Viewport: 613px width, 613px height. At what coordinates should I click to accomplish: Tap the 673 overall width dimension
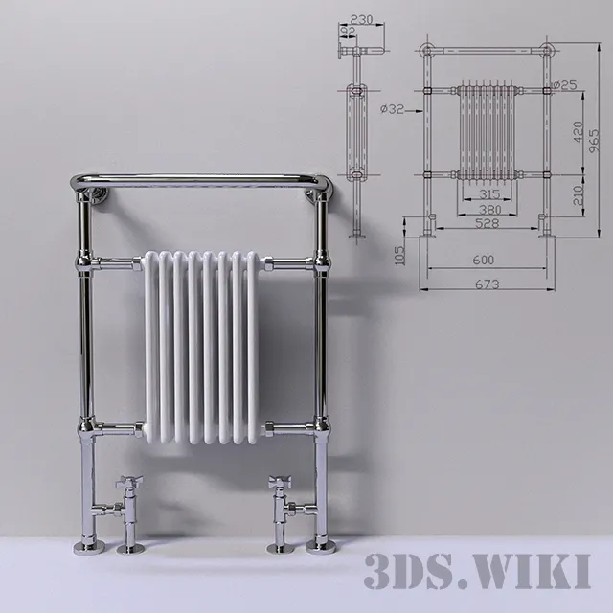[x=489, y=284]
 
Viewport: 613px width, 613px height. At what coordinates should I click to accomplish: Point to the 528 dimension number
[x=488, y=223]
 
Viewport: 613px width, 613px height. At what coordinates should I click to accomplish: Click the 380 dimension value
[x=488, y=210]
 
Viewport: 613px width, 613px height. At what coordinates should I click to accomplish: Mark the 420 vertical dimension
[x=577, y=131]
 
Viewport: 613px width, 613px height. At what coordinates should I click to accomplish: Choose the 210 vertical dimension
[x=577, y=195]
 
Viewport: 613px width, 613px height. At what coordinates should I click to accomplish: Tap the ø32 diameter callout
[x=393, y=109]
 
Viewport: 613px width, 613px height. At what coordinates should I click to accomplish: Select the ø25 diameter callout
[x=567, y=86]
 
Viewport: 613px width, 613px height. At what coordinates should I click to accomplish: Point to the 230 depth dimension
[x=361, y=19]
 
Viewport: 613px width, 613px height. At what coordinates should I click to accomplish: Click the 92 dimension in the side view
[x=349, y=32]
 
